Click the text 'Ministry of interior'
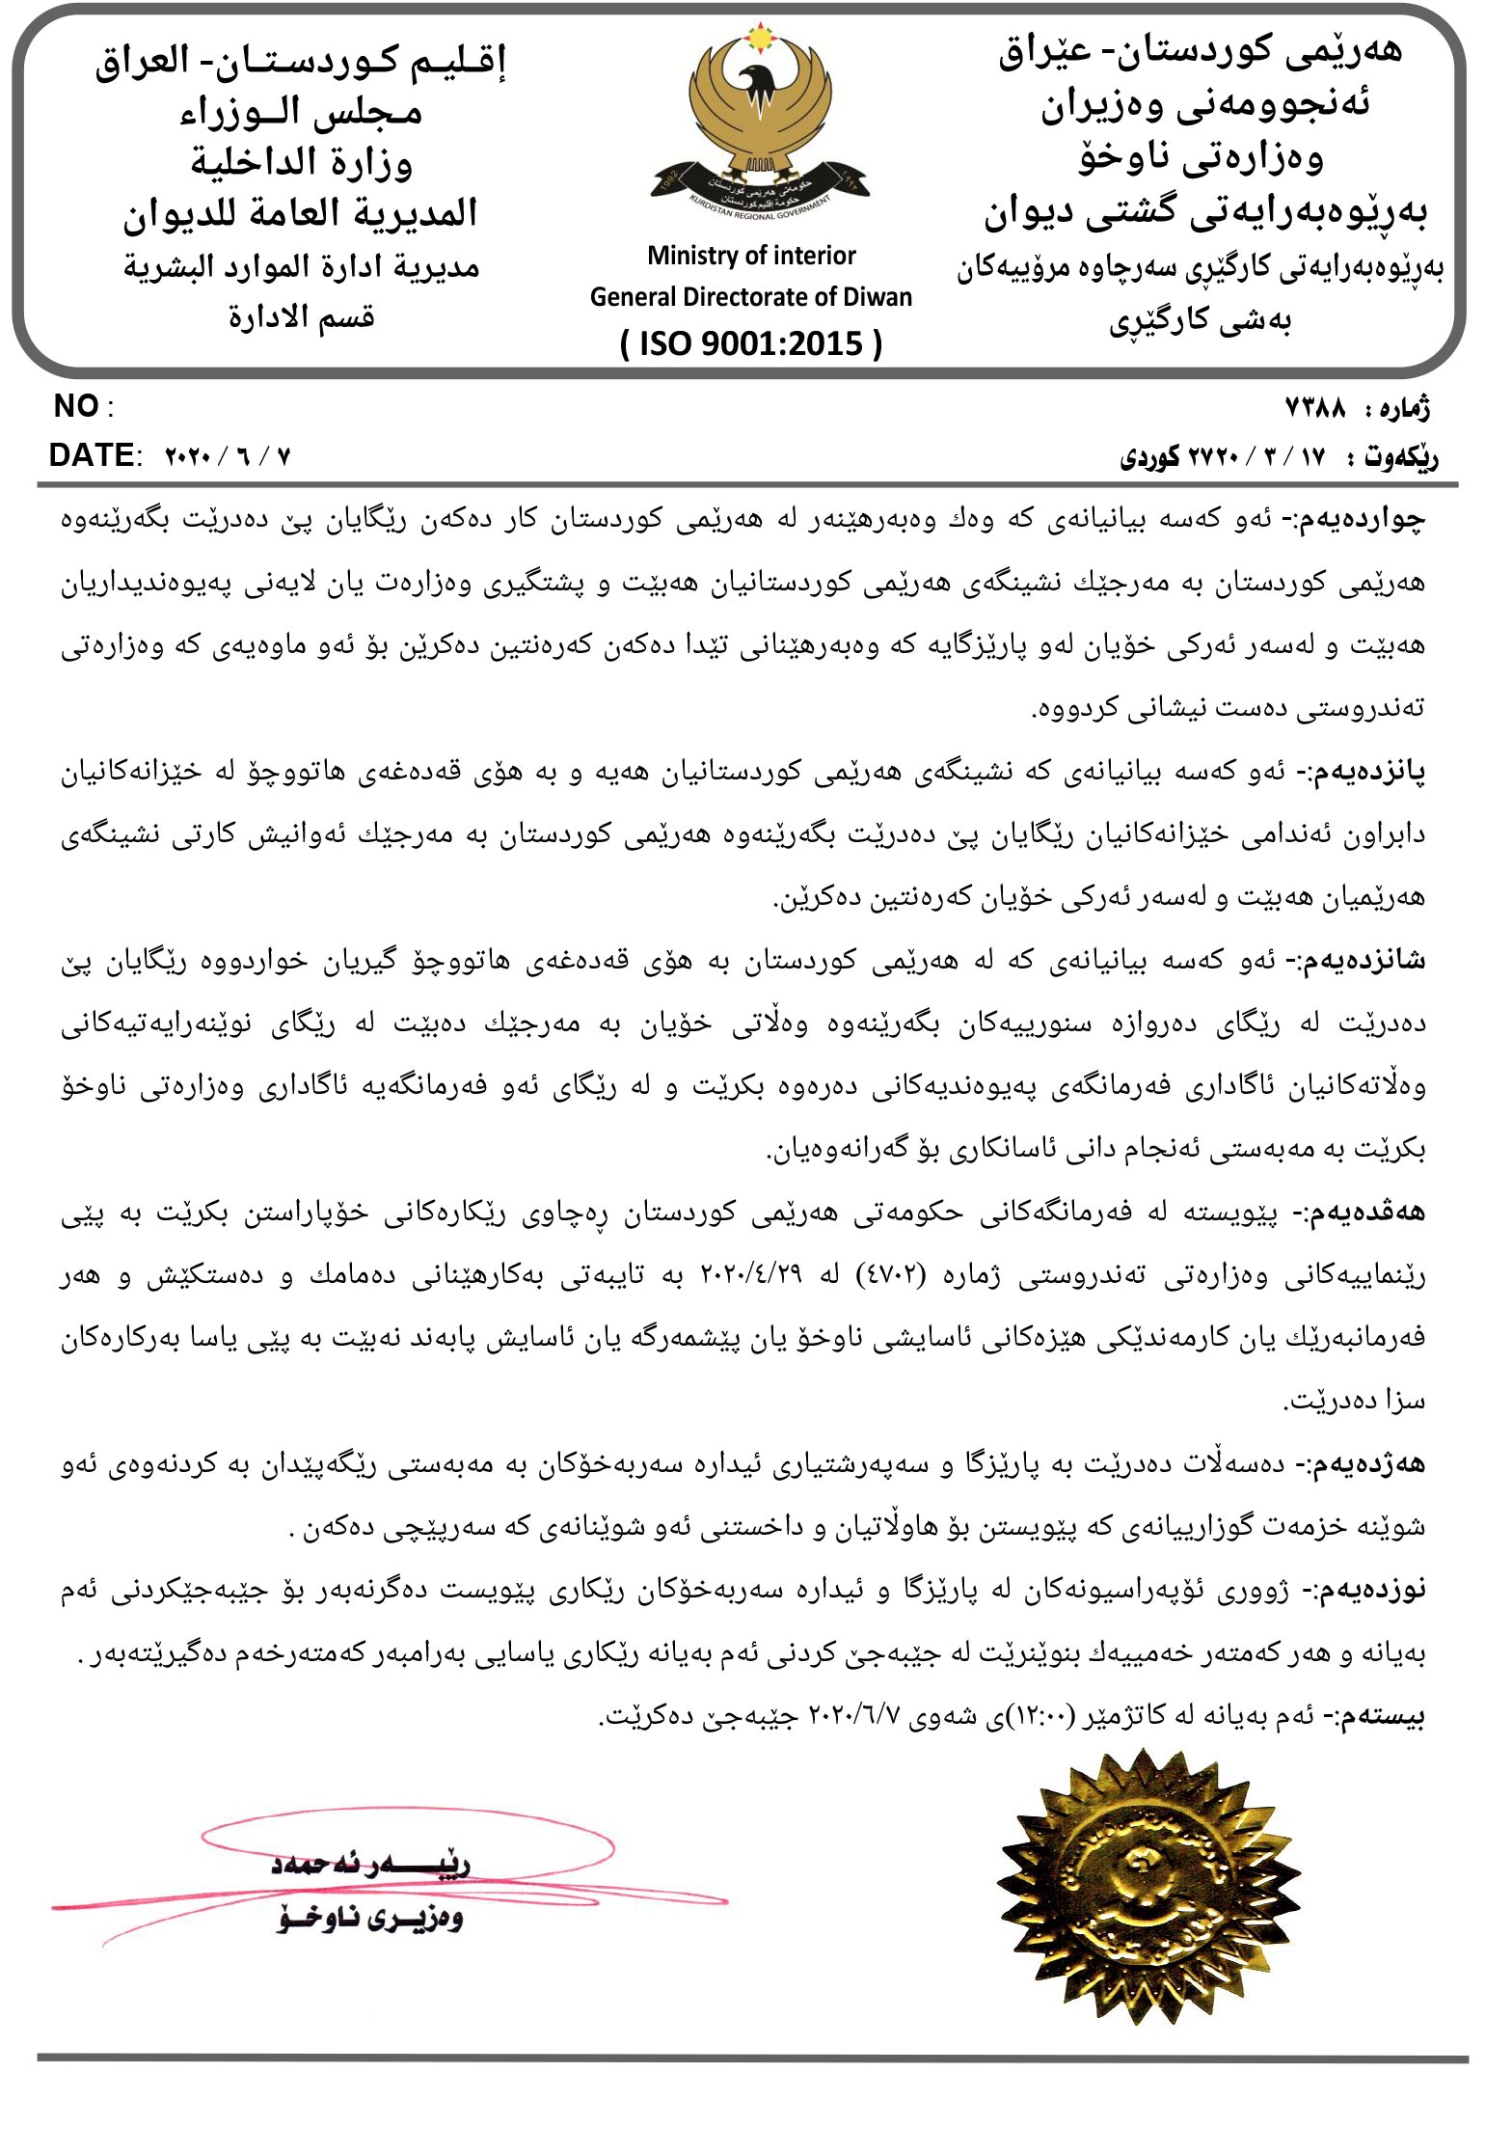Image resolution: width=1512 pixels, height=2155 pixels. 751,256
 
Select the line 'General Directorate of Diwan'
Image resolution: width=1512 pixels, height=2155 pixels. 751,297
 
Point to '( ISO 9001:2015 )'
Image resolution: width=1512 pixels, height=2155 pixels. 751,342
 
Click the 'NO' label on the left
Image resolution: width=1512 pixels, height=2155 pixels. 77,407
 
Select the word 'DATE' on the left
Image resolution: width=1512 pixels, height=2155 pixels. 93,455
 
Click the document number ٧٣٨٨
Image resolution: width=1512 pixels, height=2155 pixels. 1315,409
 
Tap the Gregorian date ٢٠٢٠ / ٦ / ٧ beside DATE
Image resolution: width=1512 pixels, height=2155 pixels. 228,456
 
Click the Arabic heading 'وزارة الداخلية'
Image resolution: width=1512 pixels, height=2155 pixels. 301,162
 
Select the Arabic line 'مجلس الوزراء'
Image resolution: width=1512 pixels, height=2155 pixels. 301,112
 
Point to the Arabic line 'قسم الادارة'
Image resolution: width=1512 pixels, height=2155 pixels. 301,316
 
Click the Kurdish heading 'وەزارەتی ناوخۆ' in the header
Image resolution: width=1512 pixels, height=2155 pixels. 1201,158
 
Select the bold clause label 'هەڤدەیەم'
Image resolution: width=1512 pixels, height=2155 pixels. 1368,1213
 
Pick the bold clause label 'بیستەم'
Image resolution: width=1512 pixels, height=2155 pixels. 1386,1716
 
